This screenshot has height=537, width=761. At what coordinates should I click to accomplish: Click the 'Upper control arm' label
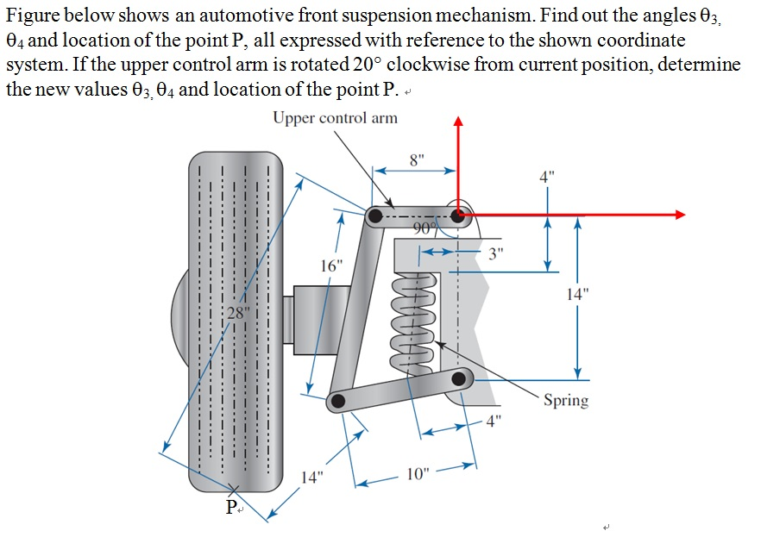tap(335, 118)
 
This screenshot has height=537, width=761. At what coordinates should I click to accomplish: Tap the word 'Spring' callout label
tap(566, 400)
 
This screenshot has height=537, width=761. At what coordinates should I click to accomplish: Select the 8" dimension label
tap(418, 159)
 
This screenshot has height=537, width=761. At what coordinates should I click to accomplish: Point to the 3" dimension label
tap(494, 253)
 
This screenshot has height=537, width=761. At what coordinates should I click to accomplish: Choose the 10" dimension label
tap(418, 475)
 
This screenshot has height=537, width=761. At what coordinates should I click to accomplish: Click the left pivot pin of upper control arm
tap(375, 215)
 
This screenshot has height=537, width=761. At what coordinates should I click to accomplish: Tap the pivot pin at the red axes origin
tap(458, 214)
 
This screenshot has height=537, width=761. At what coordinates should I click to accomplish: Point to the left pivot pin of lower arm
tap(338, 400)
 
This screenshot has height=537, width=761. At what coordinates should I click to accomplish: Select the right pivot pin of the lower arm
tap(460, 377)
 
